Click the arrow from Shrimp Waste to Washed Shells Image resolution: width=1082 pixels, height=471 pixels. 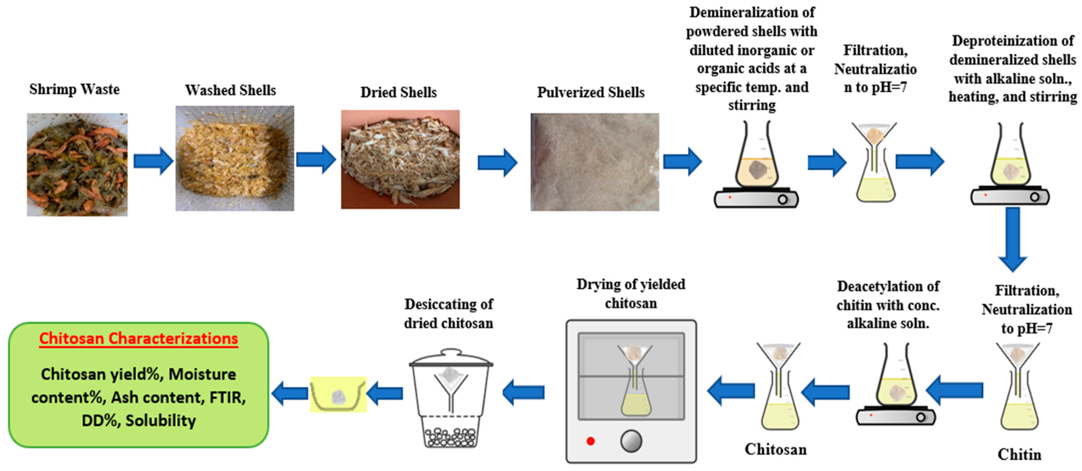click(x=153, y=161)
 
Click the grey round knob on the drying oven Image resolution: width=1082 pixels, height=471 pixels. click(x=631, y=441)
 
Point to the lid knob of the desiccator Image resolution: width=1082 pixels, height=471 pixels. click(x=451, y=352)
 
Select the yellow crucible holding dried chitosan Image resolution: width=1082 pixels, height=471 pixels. click(x=338, y=395)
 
